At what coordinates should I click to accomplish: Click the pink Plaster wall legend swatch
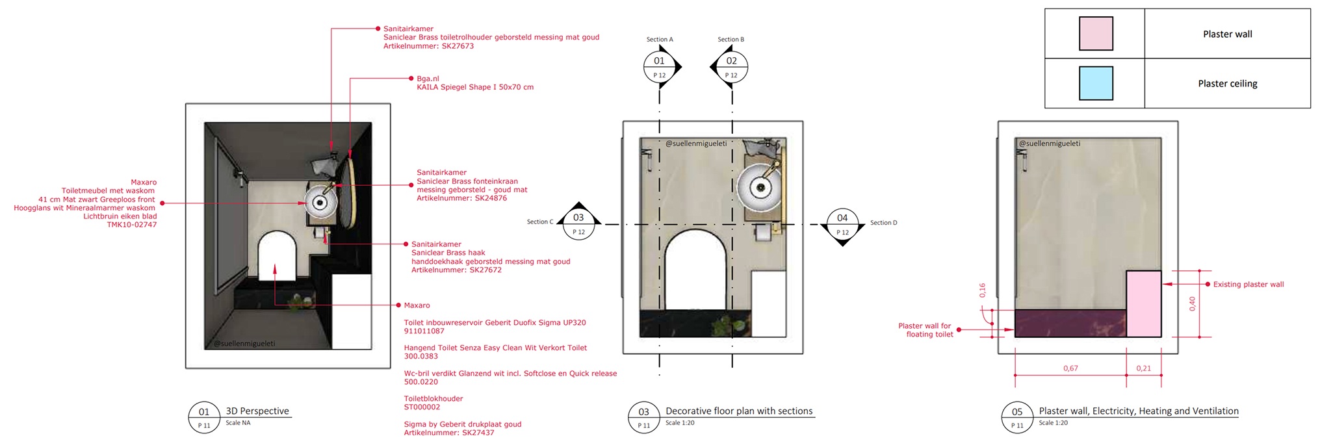(1096, 34)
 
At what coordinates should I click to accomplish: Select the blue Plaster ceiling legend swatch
(1096, 83)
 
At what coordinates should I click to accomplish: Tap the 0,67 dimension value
(1070, 368)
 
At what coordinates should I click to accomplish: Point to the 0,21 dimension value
(1143, 368)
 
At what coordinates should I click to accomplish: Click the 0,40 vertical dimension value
(1192, 303)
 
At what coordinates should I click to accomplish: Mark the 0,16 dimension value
(982, 290)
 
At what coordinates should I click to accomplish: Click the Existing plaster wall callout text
(1249, 285)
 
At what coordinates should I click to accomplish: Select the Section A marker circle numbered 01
(660, 67)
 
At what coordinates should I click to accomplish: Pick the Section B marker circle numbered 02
(732, 67)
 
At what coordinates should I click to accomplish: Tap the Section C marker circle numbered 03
(578, 224)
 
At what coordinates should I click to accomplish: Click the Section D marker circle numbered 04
(842, 224)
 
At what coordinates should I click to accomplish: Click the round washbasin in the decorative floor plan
(760, 188)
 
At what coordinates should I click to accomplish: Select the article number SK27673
(458, 46)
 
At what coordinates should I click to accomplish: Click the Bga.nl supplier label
(428, 79)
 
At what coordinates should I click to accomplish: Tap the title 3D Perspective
(257, 411)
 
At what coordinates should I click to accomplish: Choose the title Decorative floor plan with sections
(739, 411)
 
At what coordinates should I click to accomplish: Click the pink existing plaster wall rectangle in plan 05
(1143, 303)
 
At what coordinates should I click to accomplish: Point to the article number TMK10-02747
(132, 225)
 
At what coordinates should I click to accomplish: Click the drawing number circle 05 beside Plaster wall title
(1017, 418)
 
